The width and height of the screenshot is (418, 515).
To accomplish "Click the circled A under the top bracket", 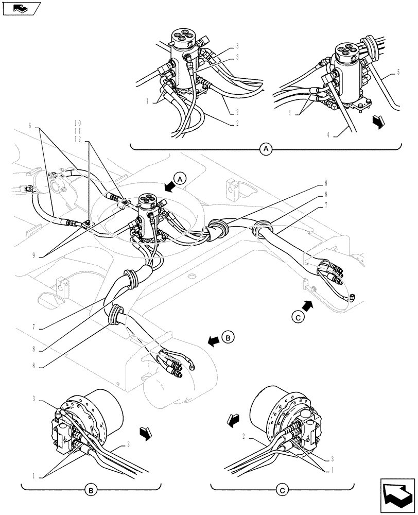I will pyautogui.click(x=266, y=149).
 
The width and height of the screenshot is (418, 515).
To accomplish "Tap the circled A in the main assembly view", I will pyautogui.click(x=179, y=179).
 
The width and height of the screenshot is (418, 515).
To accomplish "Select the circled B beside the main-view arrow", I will pyautogui.click(x=229, y=338).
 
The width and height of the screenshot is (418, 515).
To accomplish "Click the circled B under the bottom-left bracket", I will pyautogui.click(x=91, y=491).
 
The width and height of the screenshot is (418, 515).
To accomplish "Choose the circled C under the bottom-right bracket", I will pyautogui.click(x=283, y=491).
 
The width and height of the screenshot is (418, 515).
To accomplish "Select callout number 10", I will pyautogui.click(x=78, y=123).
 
